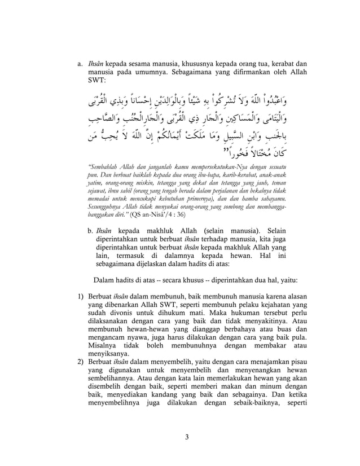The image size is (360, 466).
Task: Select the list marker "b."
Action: point(90,231)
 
